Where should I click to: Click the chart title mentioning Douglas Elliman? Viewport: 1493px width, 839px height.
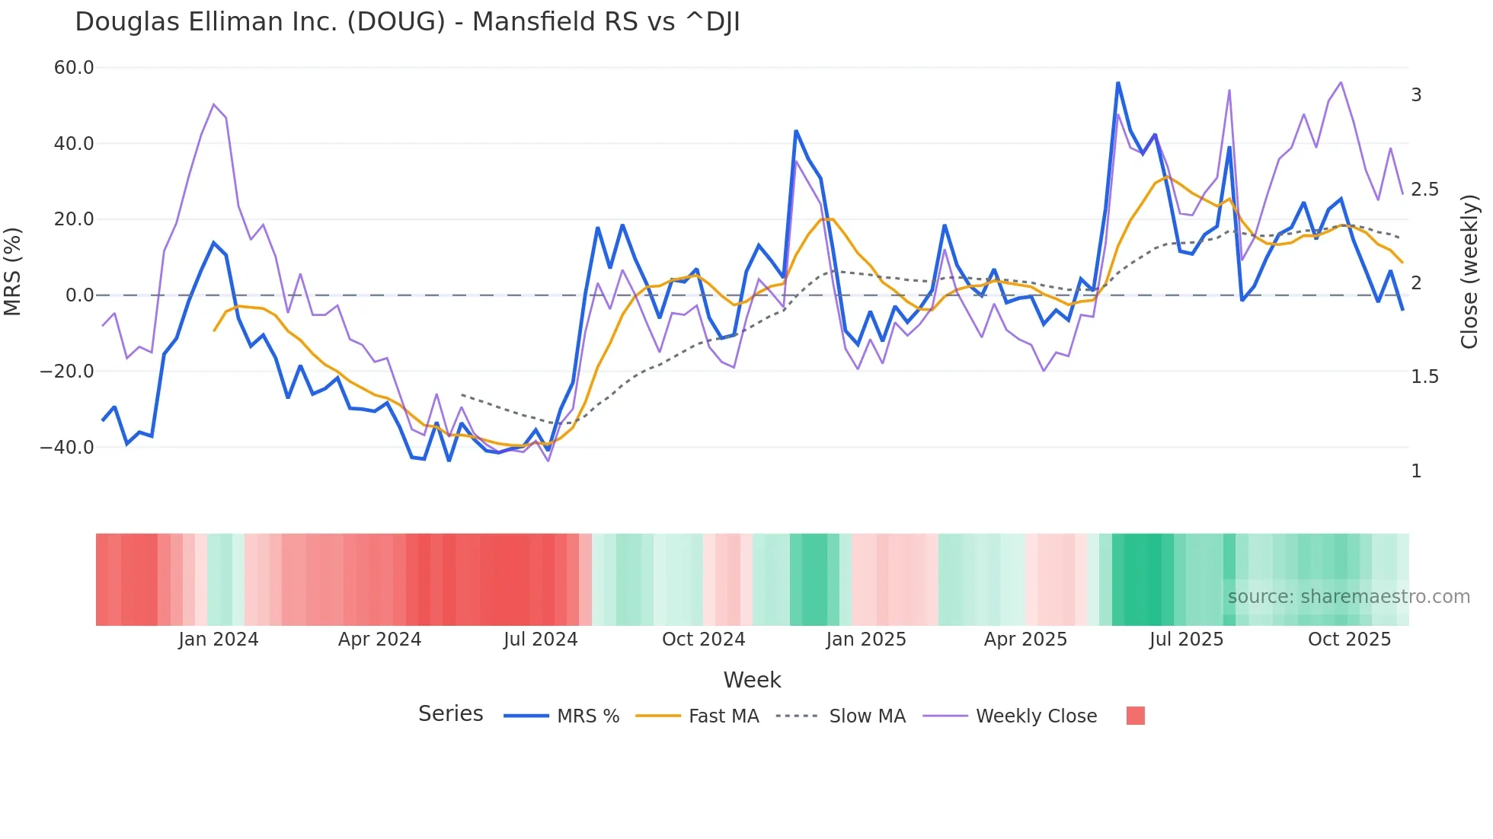click(407, 22)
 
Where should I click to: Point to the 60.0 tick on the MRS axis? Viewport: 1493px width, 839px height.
click(74, 68)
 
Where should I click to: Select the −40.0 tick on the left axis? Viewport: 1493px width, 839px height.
click(67, 448)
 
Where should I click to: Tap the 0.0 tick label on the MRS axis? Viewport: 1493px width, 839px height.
click(79, 295)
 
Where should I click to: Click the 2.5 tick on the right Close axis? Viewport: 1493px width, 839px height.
click(1424, 190)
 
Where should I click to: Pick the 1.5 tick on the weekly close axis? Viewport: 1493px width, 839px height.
click(1424, 378)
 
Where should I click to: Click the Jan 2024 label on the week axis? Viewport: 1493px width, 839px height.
click(219, 640)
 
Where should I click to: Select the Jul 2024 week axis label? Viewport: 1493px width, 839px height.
click(540, 640)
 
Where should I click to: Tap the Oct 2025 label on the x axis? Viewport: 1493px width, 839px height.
click(1349, 640)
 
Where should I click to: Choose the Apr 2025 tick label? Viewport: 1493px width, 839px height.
click(1025, 640)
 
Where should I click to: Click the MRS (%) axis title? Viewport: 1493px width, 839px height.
click(13, 271)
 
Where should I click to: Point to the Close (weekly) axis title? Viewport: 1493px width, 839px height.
click(1470, 271)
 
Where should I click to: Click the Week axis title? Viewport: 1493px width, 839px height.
click(752, 680)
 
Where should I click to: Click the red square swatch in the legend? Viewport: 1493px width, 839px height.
click(1135, 716)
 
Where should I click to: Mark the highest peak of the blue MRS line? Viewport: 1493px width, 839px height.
click(1117, 83)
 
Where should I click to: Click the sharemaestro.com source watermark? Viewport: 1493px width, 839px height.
click(1348, 597)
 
